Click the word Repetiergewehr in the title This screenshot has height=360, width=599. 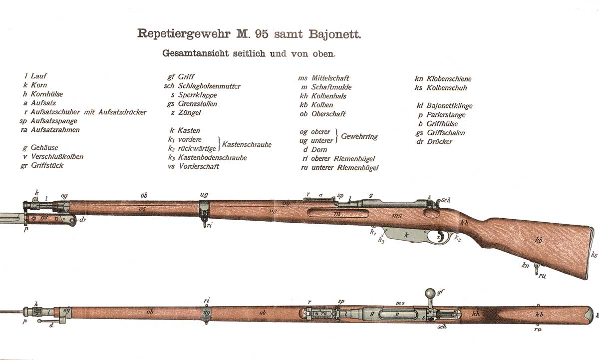pyautogui.click(x=184, y=34)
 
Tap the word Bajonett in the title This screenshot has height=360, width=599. pyautogui.click(x=334, y=34)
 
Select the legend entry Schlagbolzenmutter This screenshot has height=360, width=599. pyautogui.click(x=209, y=86)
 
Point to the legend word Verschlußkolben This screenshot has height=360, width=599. pyautogui.click(x=57, y=156)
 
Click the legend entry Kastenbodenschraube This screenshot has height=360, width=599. pyautogui.click(x=212, y=158)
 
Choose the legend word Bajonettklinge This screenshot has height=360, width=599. pyautogui.click(x=449, y=106)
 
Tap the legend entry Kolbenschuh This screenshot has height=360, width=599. pyautogui.click(x=447, y=88)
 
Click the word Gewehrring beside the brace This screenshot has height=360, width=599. pyautogui.click(x=359, y=136)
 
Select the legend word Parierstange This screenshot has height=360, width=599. pyautogui.click(x=446, y=115)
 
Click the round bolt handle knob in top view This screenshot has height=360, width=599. pyautogui.click(x=430, y=293)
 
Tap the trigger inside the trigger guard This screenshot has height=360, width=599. pyautogui.click(x=440, y=237)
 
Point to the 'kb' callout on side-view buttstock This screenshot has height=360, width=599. pyautogui.click(x=539, y=240)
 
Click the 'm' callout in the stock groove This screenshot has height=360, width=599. pyautogui.click(x=337, y=213)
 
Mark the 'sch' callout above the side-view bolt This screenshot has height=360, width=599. pyautogui.click(x=445, y=200)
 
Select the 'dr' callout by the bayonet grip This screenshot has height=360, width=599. pyautogui.click(x=83, y=220)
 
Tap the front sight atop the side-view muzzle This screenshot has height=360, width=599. pyautogui.click(x=35, y=199)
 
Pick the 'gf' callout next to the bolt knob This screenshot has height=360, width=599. pyautogui.click(x=440, y=292)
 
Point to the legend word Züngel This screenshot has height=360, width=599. pyautogui.click(x=189, y=113)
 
